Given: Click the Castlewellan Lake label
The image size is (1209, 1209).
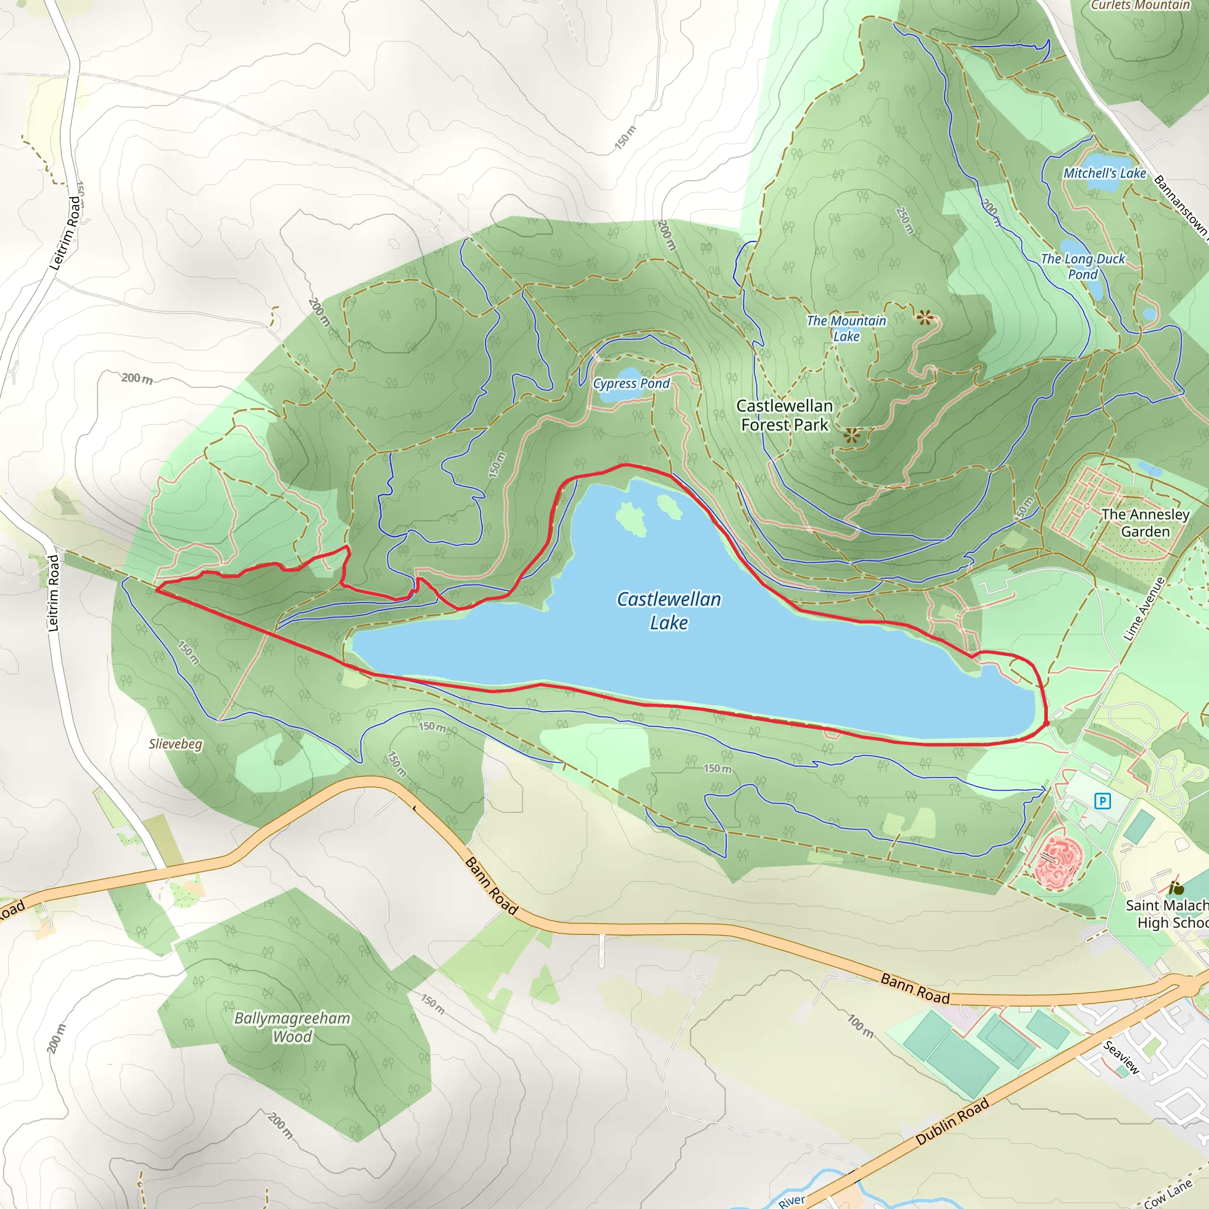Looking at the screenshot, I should pos(668,611).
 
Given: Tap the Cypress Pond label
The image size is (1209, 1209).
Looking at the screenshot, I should pos(631,384).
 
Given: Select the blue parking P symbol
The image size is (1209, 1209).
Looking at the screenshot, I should pos(1102,801).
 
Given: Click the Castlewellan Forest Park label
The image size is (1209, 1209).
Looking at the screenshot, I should pos(784,416).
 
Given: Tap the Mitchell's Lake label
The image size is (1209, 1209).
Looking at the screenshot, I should pos(1105,174).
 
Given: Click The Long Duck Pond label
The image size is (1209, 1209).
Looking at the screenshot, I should pos(1083,267).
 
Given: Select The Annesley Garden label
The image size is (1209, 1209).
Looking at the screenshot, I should pos(1145,522).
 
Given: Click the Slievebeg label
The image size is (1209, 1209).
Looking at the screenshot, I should pos(175,744).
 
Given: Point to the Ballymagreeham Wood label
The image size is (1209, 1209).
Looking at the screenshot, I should pos(292,1027).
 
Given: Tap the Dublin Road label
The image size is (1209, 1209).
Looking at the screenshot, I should pos(952,1122).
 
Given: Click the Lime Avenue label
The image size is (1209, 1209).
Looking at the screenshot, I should pos(1144,609).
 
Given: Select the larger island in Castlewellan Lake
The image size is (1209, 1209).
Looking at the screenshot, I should pos(631,518).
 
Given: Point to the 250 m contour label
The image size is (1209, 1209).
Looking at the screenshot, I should pos(905,221).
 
